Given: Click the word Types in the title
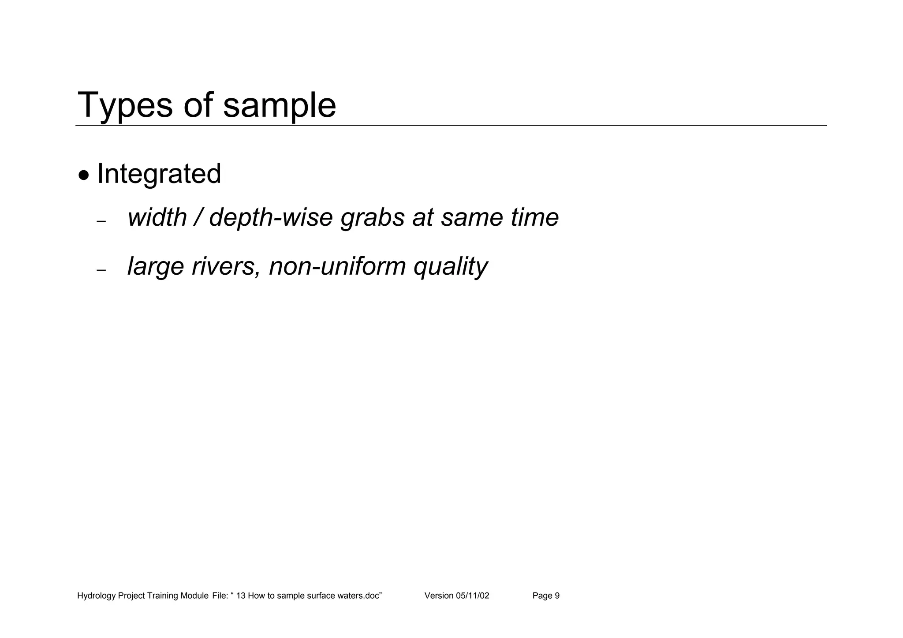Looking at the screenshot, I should pyautogui.click(x=125, y=105).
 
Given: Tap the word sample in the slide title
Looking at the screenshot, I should pyautogui.click(x=279, y=105).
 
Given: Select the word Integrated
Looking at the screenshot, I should pyautogui.click(x=159, y=174).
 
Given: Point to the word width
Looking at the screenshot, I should pyautogui.click(x=157, y=217).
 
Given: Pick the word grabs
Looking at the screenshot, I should pyautogui.click(x=373, y=217).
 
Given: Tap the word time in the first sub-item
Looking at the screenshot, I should pyautogui.click(x=534, y=217).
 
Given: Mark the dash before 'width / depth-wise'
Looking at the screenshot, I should pyautogui.click(x=101, y=221).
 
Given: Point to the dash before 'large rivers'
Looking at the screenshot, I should pyautogui.click(x=101, y=270).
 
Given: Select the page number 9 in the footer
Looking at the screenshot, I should pyautogui.click(x=557, y=596).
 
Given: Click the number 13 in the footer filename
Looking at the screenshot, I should pyautogui.click(x=241, y=596).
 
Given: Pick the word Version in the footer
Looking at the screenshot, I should pyautogui.click(x=439, y=596).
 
